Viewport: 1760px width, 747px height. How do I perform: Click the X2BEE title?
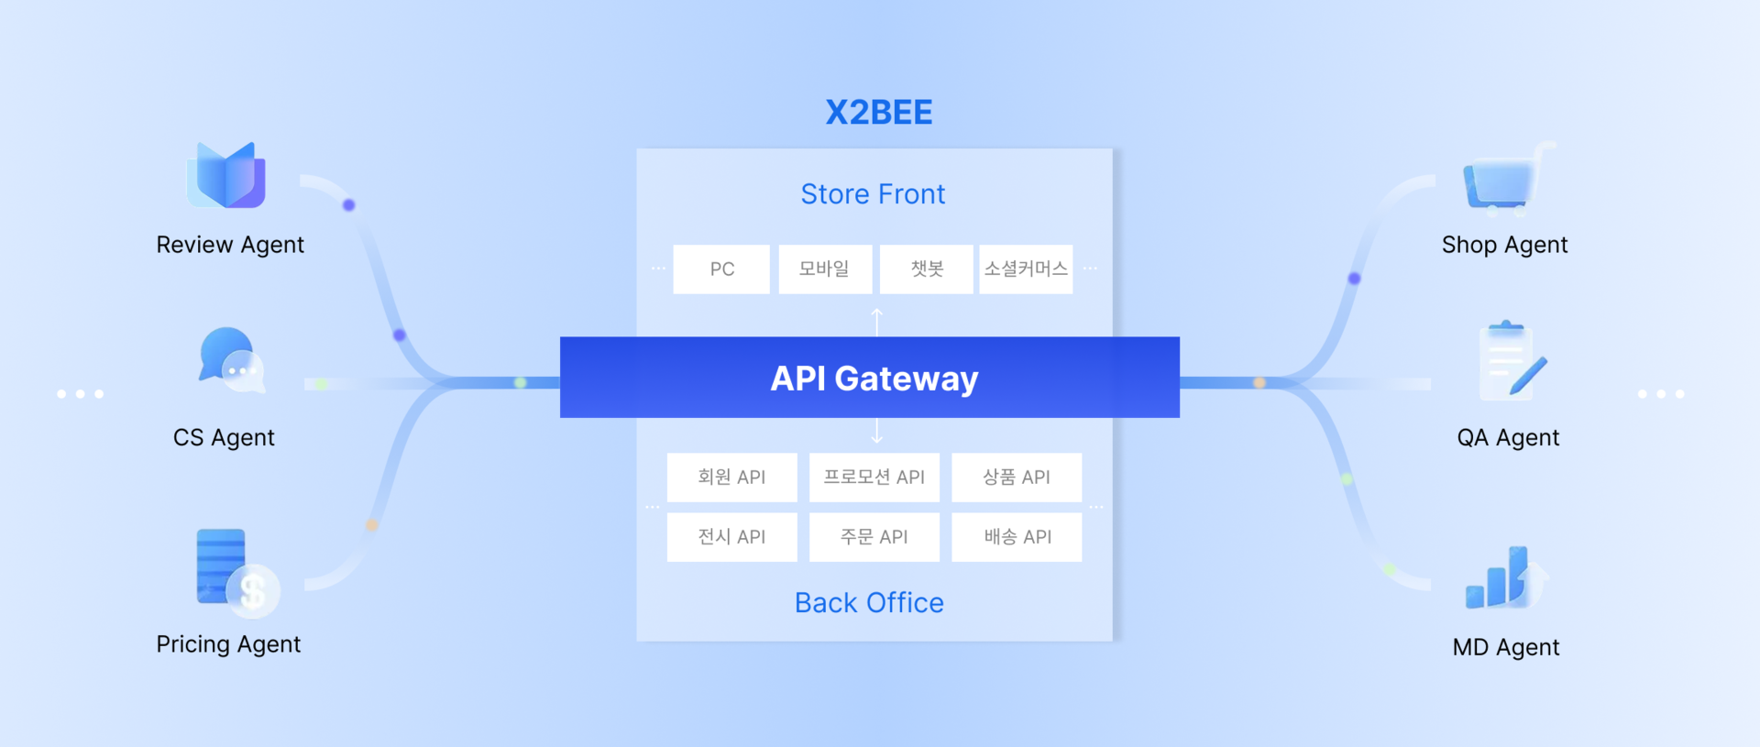(x=878, y=112)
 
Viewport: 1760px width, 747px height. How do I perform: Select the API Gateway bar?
(x=870, y=378)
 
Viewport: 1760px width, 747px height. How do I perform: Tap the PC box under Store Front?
(x=721, y=269)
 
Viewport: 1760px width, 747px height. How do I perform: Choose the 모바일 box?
(x=825, y=269)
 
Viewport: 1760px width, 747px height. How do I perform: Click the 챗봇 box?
(x=926, y=269)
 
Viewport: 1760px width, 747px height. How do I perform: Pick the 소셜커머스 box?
(x=1026, y=269)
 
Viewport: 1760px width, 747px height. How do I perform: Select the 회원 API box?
(x=731, y=477)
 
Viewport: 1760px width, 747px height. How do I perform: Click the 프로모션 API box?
(x=874, y=477)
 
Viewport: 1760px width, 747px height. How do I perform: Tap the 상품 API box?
(x=1017, y=477)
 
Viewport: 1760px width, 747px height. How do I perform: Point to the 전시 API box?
(x=731, y=536)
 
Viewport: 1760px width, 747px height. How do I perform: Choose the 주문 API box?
(x=874, y=536)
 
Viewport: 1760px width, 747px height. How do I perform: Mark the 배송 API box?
(x=1017, y=536)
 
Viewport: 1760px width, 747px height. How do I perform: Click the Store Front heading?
(x=873, y=194)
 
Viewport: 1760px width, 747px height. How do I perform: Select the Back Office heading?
(x=869, y=602)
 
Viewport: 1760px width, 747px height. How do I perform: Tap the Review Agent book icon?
(x=227, y=175)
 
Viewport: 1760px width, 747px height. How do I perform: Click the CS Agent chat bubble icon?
(x=230, y=360)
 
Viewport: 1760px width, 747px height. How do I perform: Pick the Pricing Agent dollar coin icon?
(x=252, y=589)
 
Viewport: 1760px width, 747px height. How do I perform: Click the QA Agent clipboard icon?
(x=1509, y=363)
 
